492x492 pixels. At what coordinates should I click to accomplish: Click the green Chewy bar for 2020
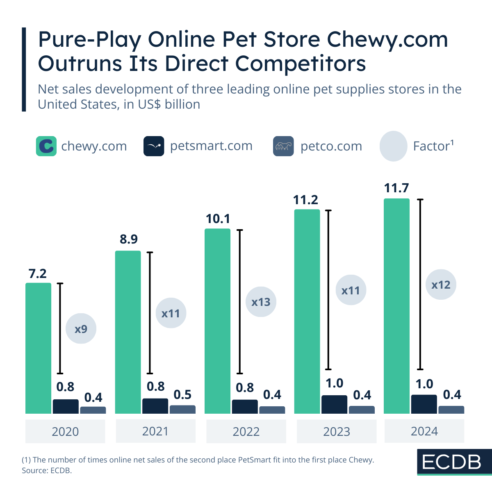tap(38, 348)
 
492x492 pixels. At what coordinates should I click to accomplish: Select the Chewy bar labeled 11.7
tap(396, 306)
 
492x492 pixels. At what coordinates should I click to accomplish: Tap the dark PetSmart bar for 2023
tap(334, 404)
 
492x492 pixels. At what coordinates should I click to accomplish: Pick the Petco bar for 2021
tap(182, 409)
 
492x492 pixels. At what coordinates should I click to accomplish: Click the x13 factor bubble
tap(261, 302)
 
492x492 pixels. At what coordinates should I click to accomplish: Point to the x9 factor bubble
tap(81, 329)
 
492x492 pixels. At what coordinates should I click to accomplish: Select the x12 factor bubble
tap(441, 285)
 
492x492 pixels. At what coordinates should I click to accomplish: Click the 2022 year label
tap(246, 431)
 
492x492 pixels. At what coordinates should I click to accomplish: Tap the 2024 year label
tap(424, 431)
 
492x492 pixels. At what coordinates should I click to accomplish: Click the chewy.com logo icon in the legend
tap(46, 146)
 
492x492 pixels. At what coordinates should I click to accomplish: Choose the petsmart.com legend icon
tap(154, 146)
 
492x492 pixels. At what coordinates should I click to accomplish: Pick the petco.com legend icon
tap(283, 146)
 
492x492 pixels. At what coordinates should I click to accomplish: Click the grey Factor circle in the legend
tap(393, 146)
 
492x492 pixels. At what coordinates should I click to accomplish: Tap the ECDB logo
tap(452, 462)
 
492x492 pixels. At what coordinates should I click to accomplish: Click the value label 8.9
tap(129, 239)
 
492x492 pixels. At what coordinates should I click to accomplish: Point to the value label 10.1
tap(218, 219)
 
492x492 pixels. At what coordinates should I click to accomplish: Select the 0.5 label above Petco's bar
tap(182, 394)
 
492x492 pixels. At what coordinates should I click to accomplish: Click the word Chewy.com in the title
tap(387, 40)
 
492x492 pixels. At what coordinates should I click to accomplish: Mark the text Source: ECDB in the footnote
tap(47, 470)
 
